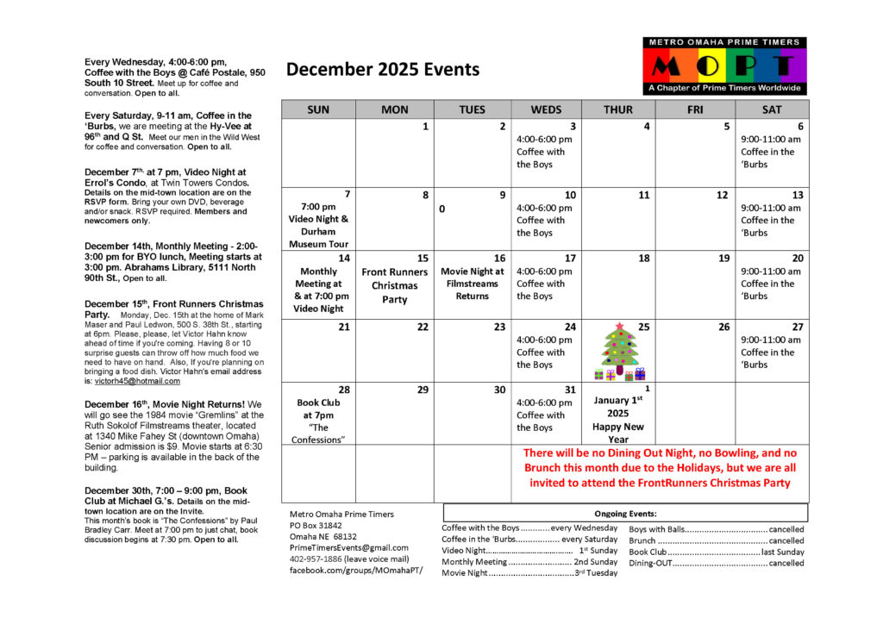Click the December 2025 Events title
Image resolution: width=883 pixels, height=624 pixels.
tap(383, 70)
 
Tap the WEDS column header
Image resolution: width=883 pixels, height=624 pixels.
tap(546, 109)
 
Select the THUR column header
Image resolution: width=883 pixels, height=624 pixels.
tap(617, 109)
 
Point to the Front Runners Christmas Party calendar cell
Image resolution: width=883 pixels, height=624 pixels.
tap(394, 285)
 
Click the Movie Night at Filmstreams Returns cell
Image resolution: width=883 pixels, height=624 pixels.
tap(473, 284)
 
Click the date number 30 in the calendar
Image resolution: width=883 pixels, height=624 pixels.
tap(499, 390)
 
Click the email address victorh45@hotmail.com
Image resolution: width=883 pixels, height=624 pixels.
tap(132, 380)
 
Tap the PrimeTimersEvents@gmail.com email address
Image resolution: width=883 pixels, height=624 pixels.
tap(349, 547)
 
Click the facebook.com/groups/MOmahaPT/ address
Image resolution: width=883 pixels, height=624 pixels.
tap(356, 571)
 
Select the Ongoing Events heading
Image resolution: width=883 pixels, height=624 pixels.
tap(625, 513)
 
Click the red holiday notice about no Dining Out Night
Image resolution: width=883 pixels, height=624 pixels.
tap(660, 467)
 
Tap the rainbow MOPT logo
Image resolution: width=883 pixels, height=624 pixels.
tap(724, 66)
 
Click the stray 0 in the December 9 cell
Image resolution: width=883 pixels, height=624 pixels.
tap(442, 209)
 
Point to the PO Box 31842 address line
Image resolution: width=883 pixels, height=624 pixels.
tap(316, 525)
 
